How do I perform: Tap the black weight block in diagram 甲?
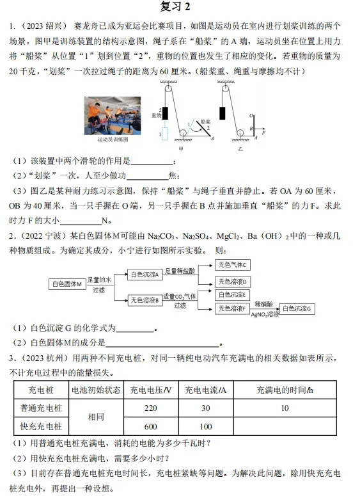pos(165,113)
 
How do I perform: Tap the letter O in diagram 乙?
pos(254,116)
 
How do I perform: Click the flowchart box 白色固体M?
pos(67,283)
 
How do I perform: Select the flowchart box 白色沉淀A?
pos(145,274)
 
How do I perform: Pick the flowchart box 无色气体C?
pos(233,264)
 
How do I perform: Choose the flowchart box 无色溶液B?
pos(145,299)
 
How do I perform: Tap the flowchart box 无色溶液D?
pos(233,281)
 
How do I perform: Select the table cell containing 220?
pos(152,408)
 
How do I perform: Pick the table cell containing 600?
pos(152,426)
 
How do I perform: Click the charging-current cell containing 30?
pos(206,408)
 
